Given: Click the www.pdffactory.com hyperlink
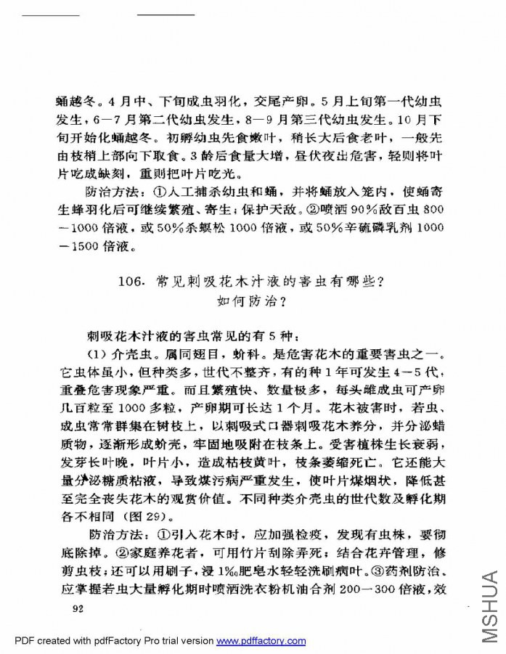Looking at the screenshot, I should click(261, 641).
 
